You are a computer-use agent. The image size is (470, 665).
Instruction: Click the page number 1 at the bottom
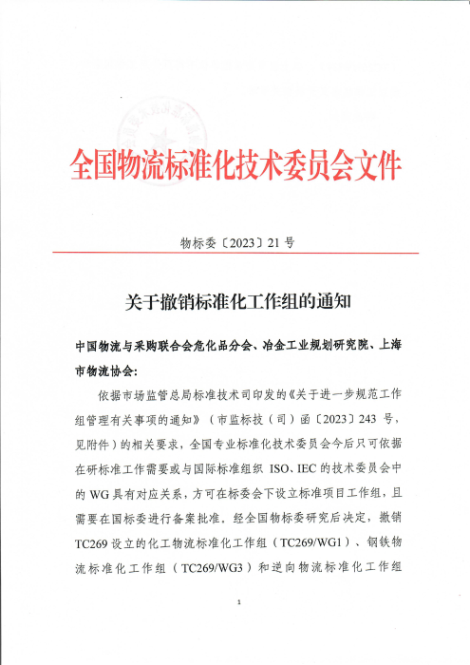(x=238, y=603)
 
